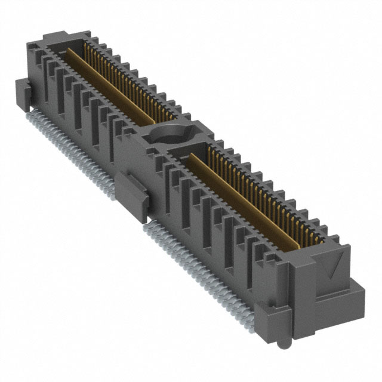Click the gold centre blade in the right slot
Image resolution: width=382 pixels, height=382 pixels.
(245, 196)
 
